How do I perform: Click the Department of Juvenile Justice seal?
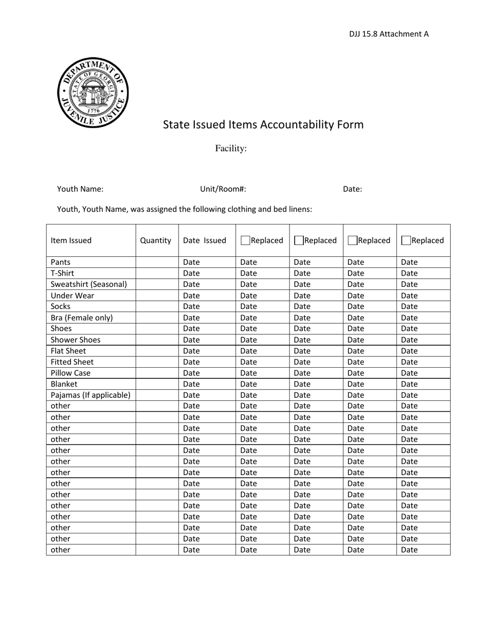[93, 93]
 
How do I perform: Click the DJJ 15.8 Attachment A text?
[389, 34]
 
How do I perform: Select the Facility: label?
[231, 148]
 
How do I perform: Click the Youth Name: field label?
[80, 189]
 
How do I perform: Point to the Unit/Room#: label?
[223, 189]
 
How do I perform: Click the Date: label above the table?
[352, 189]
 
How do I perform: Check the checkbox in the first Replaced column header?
[245, 240]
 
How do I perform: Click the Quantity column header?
[156, 240]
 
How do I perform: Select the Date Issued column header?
[205, 240]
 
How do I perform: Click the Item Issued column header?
[71, 240]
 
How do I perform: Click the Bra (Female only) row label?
[82, 318]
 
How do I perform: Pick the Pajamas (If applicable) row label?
[91, 395]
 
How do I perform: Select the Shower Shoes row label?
[76, 340]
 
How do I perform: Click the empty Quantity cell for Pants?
[157, 262]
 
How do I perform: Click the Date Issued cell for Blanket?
[192, 384]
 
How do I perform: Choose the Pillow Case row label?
[71, 373]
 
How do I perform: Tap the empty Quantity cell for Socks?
[157, 306]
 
